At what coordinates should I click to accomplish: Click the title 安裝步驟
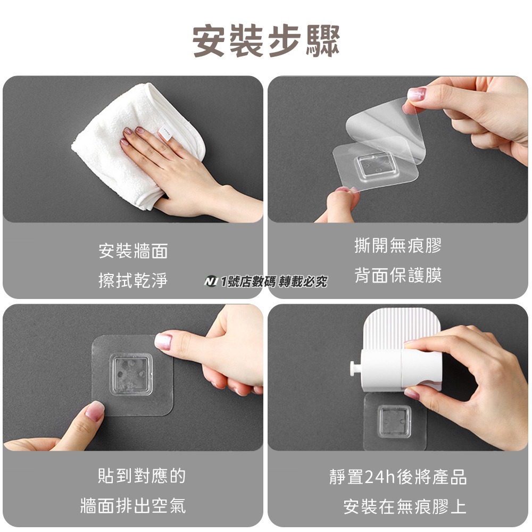tap(267, 41)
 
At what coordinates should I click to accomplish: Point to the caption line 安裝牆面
tap(133, 251)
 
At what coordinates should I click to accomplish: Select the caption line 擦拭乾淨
tap(133, 280)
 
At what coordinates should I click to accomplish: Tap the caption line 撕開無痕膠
tap(397, 245)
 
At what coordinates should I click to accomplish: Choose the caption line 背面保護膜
tap(397, 275)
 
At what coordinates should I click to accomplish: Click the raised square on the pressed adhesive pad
tap(131, 375)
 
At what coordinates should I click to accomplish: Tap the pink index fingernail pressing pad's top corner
tap(163, 342)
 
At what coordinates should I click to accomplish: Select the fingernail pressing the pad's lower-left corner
tap(94, 411)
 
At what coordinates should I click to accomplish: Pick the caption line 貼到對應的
tap(142, 475)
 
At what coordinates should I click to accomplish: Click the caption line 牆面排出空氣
tap(133, 505)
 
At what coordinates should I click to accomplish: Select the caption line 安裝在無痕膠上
tap(405, 506)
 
